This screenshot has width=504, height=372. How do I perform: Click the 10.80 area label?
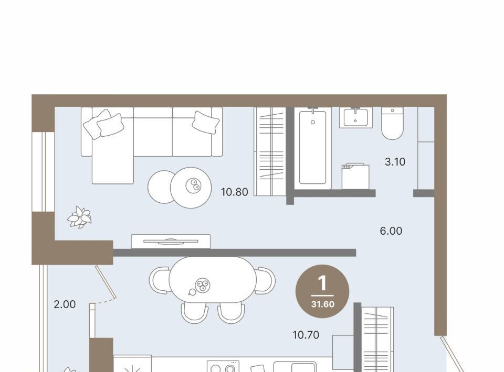(234, 192)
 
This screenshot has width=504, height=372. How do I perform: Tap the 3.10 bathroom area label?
(395, 162)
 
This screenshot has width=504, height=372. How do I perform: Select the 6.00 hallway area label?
(391, 231)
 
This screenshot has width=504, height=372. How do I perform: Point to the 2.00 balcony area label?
(65, 304)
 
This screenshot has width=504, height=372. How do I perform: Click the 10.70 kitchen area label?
(306, 335)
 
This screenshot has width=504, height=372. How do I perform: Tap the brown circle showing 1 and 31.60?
(322, 291)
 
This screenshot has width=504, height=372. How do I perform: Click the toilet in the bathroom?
(393, 123)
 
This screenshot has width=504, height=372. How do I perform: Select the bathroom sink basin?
(355, 117)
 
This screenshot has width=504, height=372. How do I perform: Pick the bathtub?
(313, 148)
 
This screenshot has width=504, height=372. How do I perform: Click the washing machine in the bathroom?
(355, 177)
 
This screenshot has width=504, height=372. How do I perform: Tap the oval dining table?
(213, 280)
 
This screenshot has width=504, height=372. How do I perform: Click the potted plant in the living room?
(79, 217)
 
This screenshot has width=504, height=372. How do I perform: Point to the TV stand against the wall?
(171, 242)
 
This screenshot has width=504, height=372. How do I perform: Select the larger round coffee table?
(191, 188)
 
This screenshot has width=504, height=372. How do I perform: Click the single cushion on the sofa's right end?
(206, 122)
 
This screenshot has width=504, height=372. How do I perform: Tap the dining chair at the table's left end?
(160, 280)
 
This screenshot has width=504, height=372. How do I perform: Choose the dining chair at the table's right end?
(265, 280)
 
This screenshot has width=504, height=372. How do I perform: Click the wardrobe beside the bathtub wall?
(270, 151)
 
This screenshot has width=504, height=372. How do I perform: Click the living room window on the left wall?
(43, 171)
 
